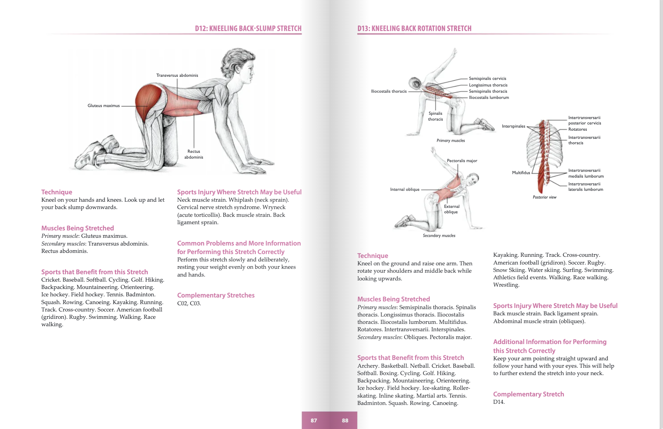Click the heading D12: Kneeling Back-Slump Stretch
point(248,29)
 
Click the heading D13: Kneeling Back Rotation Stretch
point(414,29)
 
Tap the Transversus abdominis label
point(177,75)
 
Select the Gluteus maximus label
point(104,106)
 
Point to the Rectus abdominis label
point(194,154)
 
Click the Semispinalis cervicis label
point(487,78)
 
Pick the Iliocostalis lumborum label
point(489,98)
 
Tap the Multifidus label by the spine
point(521,173)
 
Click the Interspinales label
point(513,126)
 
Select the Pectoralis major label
point(462,161)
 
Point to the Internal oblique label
point(404,190)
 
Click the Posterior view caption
point(544,197)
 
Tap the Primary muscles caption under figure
point(450,141)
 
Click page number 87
point(314,420)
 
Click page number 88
point(345,420)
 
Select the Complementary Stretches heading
point(216,295)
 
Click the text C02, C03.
point(189,303)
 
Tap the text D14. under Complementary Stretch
point(499,402)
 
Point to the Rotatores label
point(578,130)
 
